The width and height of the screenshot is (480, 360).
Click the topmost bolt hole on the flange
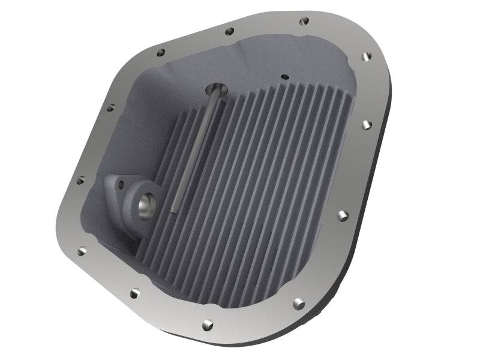(x=304, y=21)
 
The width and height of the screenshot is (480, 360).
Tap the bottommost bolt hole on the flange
(x=207, y=324)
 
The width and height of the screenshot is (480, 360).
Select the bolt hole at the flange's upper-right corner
(x=367, y=57)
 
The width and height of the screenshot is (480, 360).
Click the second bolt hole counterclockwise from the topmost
(x=160, y=53)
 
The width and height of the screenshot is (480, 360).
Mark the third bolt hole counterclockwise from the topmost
(x=110, y=109)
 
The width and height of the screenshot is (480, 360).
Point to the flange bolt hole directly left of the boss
(x=80, y=180)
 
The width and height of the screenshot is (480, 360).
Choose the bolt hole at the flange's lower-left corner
(x=82, y=251)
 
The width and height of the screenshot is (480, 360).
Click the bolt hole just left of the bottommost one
(x=135, y=293)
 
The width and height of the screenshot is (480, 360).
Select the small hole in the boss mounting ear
(x=117, y=182)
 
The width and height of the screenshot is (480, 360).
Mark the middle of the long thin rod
(x=193, y=150)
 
